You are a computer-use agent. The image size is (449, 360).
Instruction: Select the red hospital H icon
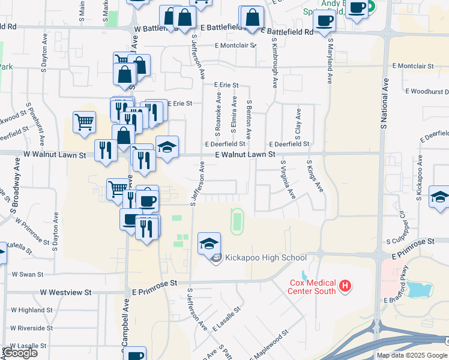click(x=345, y=286)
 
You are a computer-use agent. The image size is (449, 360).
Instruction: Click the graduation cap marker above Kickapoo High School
click(x=209, y=243)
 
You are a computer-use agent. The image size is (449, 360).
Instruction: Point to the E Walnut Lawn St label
click(x=246, y=154)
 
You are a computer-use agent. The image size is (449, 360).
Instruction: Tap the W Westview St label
click(x=66, y=292)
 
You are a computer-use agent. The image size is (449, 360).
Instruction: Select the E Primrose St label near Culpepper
click(x=412, y=241)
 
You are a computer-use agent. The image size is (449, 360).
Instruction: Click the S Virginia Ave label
click(x=287, y=179)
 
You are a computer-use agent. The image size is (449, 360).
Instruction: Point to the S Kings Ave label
click(x=315, y=176)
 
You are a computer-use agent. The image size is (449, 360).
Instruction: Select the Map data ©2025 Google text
click(x=412, y=355)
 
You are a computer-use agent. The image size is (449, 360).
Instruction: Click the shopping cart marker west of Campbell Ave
click(x=84, y=122)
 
